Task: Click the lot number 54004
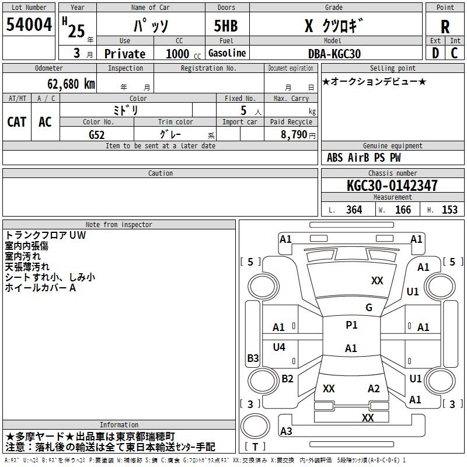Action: click(x=29, y=24)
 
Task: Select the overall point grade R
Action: click(x=445, y=26)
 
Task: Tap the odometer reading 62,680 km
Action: click(x=71, y=83)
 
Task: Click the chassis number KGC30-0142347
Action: click(x=392, y=185)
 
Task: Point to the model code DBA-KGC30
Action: click(x=334, y=54)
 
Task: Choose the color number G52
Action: click(x=97, y=135)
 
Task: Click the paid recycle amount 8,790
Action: click(x=294, y=134)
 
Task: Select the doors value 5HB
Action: click(x=226, y=26)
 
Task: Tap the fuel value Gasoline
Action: click(x=227, y=53)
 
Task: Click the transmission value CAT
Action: click(x=17, y=122)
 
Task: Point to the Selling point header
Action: click(x=392, y=68)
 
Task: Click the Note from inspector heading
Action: click(x=119, y=225)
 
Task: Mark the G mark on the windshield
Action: click(x=369, y=307)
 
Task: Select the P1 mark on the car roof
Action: click(x=351, y=325)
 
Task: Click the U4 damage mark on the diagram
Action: click(x=279, y=347)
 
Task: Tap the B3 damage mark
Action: click(x=253, y=358)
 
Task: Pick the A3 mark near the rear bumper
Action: click(x=286, y=431)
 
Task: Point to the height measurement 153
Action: click(x=449, y=210)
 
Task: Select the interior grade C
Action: click(x=454, y=53)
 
